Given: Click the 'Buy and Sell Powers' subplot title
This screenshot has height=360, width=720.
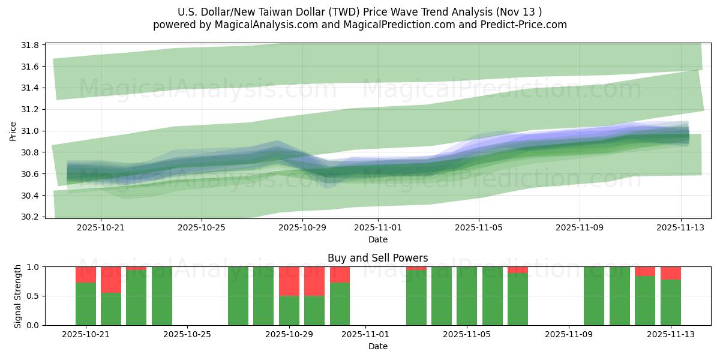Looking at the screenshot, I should coord(377,258).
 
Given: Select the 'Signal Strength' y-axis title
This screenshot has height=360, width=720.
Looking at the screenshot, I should coord(17,296).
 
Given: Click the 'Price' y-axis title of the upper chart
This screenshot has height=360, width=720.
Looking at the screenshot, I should coord(13,131).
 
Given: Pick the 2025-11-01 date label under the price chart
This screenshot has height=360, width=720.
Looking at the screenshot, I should coord(378,228).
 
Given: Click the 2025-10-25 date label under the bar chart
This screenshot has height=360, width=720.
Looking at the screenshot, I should coord(188,335).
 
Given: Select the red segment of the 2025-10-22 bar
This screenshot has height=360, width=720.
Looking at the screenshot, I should coord(111,280).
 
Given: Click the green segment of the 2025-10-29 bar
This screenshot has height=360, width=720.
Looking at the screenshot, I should coord(289,310).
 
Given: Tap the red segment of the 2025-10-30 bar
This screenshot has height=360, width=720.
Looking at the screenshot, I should coord(314,281).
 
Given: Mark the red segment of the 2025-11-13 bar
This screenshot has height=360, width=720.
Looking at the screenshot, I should coord(671,273).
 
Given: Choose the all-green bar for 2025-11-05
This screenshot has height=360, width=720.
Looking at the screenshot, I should coord(467,296).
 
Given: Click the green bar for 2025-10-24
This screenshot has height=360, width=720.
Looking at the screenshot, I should coord(162,296).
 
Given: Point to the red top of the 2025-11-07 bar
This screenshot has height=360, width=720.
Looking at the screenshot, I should coord(518,270).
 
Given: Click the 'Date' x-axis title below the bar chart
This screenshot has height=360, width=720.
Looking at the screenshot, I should coord(377,346).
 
